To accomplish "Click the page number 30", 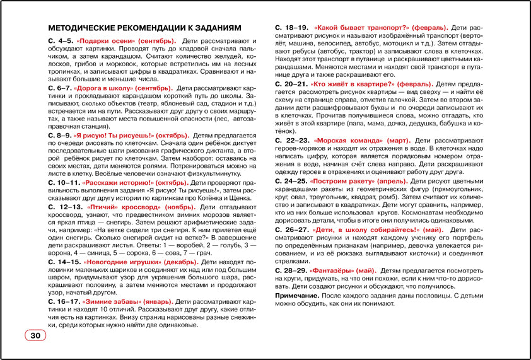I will coord(36,335).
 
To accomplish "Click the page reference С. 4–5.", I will coord(60,41).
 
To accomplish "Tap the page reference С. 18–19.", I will coord(291,28).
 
